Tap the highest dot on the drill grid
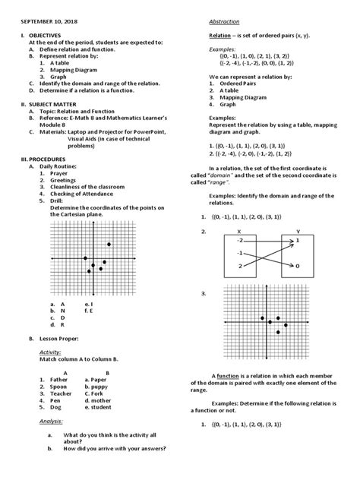[x=109, y=244]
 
